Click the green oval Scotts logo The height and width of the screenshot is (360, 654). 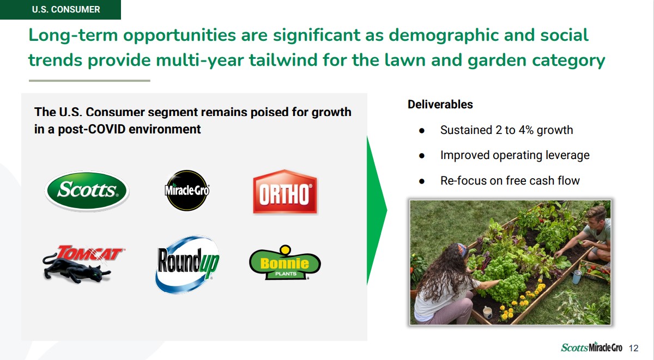click(x=87, y=191)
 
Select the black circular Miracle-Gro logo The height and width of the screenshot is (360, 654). click(x=187, y=190)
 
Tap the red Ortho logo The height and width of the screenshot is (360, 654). click(x=284, y=192)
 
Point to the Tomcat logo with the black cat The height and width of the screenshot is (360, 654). click(x=83, y=264)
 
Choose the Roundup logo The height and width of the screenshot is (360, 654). click(x=187, y=264)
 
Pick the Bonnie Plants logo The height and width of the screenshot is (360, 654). click(x=284, y=263)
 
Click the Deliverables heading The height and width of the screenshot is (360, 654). click(x=440, y=105)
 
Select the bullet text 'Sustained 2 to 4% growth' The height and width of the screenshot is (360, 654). click(x=506, y=130)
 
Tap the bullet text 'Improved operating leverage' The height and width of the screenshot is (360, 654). click(x=514, y=155)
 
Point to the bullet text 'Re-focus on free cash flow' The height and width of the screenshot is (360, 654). click(x=510, y=181)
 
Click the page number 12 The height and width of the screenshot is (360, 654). click(x=633, y=348)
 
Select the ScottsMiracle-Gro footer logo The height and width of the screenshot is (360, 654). click(x=591, y=347)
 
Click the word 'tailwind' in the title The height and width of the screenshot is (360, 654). click(x=283, y=60)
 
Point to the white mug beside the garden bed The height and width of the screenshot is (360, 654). click(x=487, y=312)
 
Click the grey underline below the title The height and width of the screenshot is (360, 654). click(x=89, y=81)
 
